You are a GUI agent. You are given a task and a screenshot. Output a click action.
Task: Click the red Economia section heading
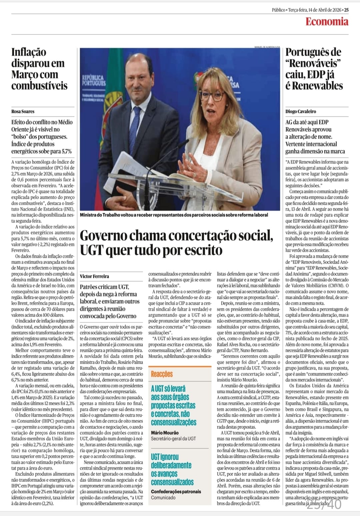tap(327, 22)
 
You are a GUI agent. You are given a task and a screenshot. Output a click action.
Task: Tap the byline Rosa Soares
tap(23, 111)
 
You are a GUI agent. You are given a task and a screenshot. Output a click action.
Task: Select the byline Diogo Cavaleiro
tap(301, 111)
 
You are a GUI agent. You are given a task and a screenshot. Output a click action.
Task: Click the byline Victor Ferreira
tap(94, 276)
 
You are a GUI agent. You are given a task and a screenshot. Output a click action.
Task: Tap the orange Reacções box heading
tap(162, 374)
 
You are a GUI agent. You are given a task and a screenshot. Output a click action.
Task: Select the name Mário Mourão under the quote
tap(165, 433)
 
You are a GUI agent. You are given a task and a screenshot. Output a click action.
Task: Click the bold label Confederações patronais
tap(176, 491)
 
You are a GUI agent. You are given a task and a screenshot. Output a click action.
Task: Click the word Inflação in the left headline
tap(29, 52)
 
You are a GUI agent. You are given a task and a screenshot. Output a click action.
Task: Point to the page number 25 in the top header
tap(346, 10)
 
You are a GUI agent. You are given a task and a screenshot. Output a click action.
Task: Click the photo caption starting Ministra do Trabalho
tap(174, 215)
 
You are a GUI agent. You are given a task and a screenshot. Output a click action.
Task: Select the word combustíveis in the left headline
tap(39, 86)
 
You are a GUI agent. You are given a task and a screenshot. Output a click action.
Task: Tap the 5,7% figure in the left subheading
tap(65, 151)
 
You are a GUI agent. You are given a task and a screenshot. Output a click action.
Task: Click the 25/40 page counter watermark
tap(324, 504)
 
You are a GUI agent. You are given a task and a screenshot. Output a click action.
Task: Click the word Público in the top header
tap(278, 10)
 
